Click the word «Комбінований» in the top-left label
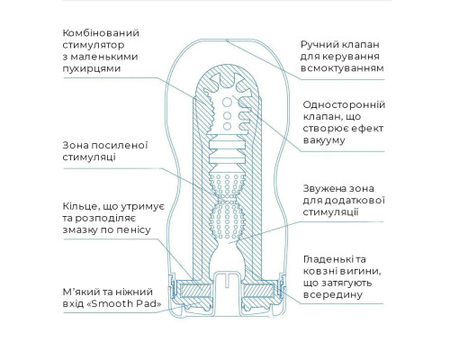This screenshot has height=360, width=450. (101, 32)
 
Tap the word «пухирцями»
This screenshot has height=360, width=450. (92, 68)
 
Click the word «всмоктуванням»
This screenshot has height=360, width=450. (342, 68)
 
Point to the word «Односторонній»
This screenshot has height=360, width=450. (344, 104)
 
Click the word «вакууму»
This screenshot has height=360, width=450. (324, 140)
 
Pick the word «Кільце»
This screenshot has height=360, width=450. (80, 207)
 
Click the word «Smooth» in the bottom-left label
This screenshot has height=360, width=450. (112, 303)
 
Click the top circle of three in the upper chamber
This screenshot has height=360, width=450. (227, 103)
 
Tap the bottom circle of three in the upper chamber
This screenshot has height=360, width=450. (228, 126)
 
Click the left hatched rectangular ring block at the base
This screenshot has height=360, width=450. (195, 291)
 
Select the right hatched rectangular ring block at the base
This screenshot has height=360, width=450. (258, 291)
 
